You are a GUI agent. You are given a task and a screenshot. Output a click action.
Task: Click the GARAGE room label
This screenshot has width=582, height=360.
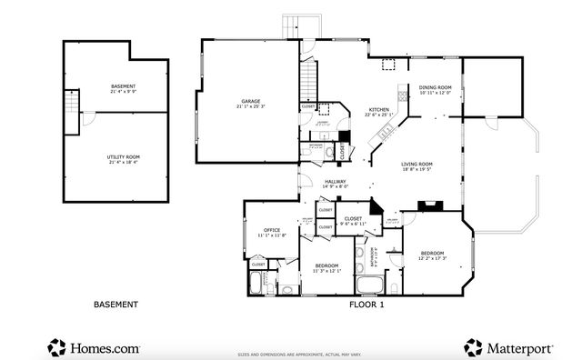[251, 101]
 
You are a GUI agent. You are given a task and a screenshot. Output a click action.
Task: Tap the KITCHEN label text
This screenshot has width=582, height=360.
[378, 109]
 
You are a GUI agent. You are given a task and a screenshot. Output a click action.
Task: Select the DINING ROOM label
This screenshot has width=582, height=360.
[436, 88]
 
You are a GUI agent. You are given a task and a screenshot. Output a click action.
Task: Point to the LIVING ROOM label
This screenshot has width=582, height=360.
[418, 165]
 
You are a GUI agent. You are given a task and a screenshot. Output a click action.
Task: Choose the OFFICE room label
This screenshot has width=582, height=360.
[272, 230]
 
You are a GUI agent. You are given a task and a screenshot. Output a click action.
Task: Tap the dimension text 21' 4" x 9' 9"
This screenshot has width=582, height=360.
[123, 91]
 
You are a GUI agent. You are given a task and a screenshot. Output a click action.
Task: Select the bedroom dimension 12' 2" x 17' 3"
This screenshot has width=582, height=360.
[432, 258]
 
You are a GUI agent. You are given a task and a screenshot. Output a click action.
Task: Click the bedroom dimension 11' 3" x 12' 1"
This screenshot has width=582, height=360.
[326, 270]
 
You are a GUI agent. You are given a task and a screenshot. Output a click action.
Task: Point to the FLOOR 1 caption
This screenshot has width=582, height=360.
[366, 305]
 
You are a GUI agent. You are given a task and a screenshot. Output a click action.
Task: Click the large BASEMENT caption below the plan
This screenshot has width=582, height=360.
[115, 305]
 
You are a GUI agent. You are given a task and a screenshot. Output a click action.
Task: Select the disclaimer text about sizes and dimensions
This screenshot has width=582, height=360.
[300, 355]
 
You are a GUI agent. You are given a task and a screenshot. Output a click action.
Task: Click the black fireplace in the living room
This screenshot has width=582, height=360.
[426, 205]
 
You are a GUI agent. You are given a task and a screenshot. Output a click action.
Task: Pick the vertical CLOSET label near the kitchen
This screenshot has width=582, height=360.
[343, 153]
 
